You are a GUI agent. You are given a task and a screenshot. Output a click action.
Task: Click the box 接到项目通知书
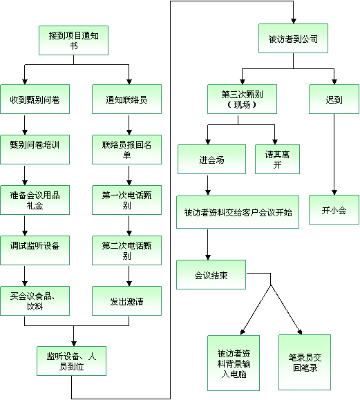tap(73, 40)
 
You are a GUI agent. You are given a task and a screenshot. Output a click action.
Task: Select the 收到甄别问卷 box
tap(35, 99)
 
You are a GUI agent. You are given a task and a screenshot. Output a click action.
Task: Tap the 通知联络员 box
tap(127, 99)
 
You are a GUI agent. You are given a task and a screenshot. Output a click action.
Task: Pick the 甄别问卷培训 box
tap(35, 149)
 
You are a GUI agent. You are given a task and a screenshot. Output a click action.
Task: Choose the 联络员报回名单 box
tap(127, 149)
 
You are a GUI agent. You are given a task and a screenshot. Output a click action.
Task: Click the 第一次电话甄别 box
tap(127, 200)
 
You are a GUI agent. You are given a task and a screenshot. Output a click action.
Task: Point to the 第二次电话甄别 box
tap(127, 251)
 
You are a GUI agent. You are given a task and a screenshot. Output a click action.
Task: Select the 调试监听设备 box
tap(35, 251)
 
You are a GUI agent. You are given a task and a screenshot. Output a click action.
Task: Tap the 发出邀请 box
tap(127, 301)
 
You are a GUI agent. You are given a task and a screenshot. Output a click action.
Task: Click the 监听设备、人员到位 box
tap(71, 361)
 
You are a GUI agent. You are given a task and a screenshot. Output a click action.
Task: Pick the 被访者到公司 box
tap(293, 39)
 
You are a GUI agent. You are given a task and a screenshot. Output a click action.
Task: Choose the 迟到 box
tap(334, 99)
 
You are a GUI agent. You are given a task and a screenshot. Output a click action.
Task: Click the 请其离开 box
tap(277, 159)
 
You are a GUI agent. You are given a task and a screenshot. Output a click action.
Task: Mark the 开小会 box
tap(334, 210)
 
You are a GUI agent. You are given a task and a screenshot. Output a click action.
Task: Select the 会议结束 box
tap(211, 275)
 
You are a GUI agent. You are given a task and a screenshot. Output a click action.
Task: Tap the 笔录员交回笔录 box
tap(305, 362)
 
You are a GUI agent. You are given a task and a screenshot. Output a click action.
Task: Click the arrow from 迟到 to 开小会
tap(334, 154)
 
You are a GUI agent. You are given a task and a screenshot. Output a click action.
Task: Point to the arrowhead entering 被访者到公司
tap(294, 21)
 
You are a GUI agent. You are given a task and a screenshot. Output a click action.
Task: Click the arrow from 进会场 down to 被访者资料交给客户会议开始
tap(208, 185)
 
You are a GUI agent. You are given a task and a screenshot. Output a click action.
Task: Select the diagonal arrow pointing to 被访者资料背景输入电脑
tap(256, 310)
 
